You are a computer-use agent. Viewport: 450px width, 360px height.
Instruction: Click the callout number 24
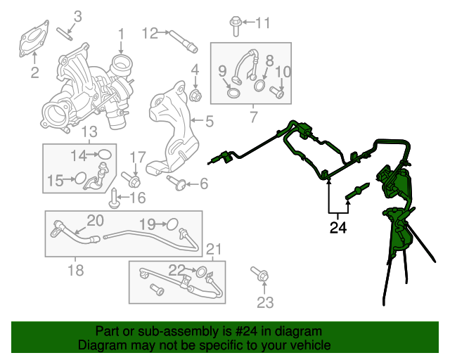point(338,227)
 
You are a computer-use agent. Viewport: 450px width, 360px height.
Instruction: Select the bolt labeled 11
point(235,26)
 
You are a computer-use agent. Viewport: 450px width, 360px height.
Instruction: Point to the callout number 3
point(77,15)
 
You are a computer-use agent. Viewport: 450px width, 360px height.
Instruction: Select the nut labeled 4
point(195,94)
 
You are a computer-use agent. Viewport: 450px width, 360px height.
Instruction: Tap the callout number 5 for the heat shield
point(209,122)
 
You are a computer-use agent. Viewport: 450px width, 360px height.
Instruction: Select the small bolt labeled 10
point(278,91)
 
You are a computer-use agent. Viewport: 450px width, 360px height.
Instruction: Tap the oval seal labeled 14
point(104,154)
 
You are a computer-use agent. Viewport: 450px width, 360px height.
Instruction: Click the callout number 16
point(137,197)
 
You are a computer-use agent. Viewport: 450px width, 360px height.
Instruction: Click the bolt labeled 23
point(257,274)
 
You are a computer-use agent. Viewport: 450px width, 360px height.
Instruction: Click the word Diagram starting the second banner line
point(100,345)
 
